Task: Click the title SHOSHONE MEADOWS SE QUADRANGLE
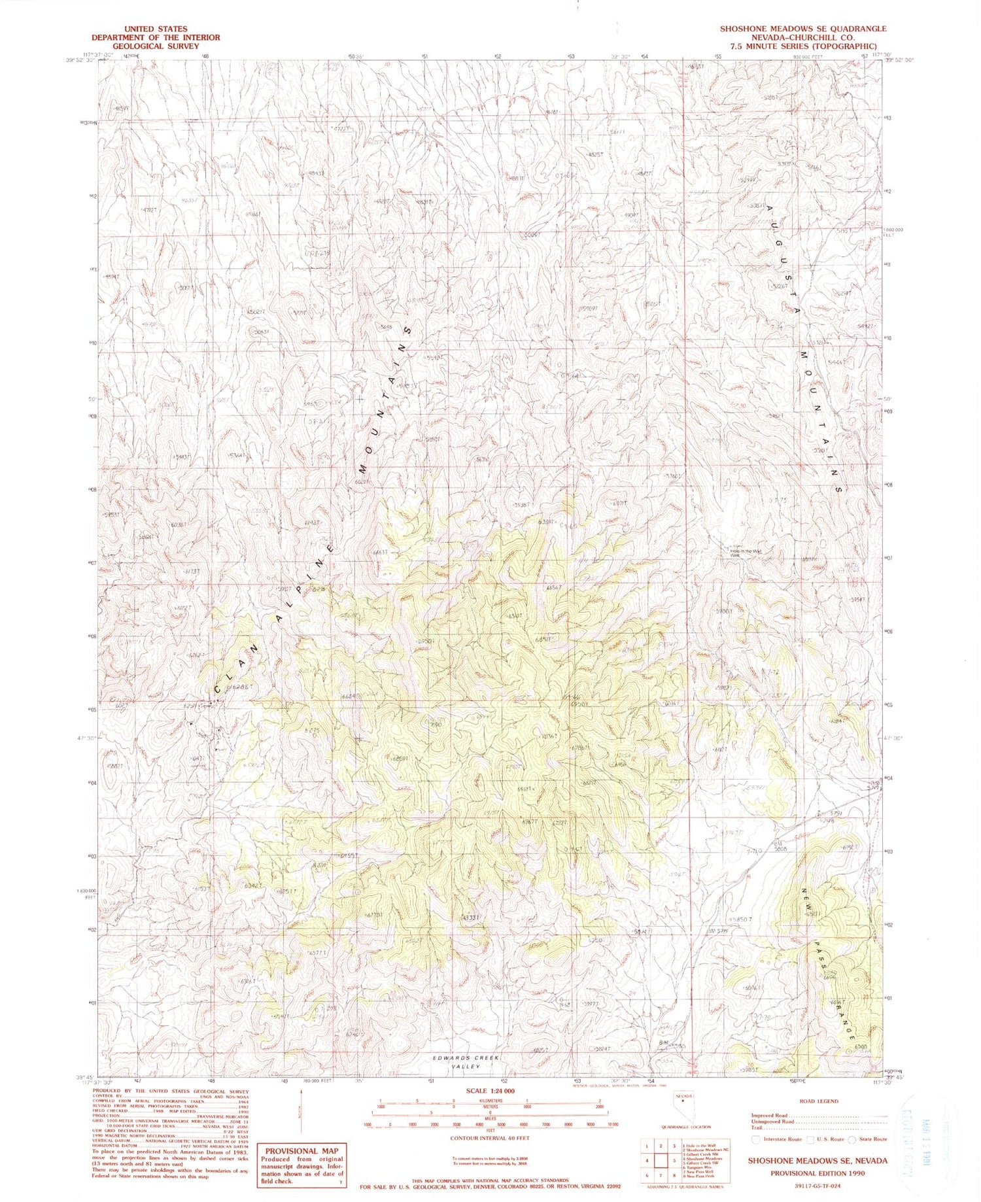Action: [803, 29]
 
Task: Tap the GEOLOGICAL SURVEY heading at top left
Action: [146, 46]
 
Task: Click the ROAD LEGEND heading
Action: [819, 1101]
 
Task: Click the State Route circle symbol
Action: [852, 1139]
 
